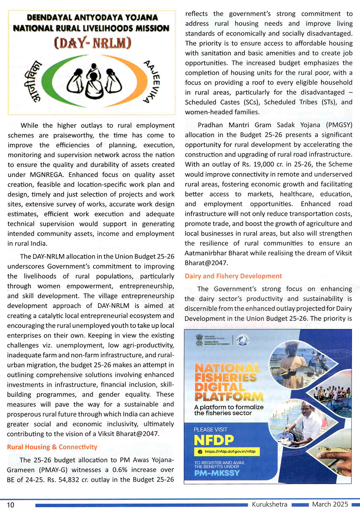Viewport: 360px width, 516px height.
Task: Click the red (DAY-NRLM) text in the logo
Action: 93,43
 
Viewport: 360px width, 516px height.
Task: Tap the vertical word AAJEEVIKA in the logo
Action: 152,82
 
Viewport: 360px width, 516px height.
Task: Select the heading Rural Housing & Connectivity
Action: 52,447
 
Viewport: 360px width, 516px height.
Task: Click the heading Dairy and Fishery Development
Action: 233,276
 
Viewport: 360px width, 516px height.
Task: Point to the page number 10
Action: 11,505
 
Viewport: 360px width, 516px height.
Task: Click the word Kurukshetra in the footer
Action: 270,504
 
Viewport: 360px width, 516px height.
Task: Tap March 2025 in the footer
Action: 330,504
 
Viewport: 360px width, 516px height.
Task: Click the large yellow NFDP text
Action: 214,440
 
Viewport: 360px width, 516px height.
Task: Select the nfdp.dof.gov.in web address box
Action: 227,452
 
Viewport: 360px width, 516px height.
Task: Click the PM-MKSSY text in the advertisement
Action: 217,473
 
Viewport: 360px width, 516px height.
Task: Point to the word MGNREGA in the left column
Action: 48,175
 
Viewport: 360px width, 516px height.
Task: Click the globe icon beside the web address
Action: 200,452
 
